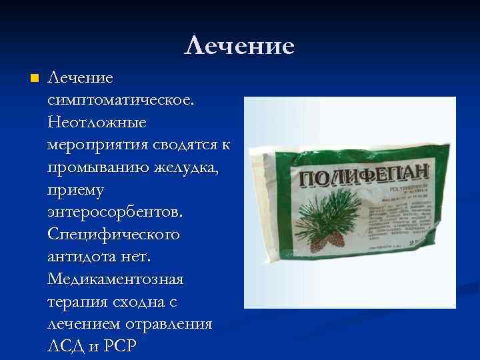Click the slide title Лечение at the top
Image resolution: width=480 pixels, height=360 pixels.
[239, 46]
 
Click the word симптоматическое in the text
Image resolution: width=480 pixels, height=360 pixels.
[121, 101]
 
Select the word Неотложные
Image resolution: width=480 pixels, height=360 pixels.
[97, 123]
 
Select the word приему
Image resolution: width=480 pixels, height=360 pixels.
[75, 191]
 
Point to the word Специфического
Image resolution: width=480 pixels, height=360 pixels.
[113, 236]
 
